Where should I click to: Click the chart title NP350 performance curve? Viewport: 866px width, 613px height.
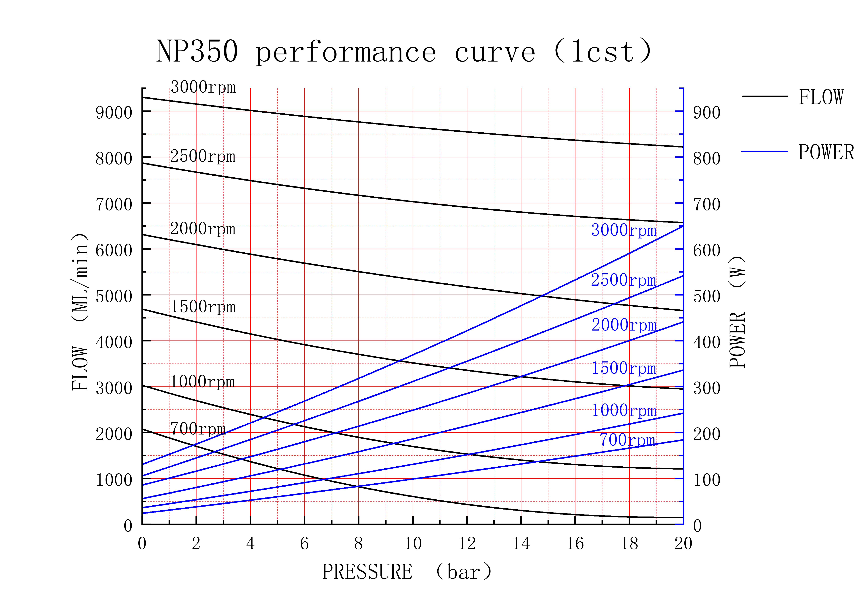404,52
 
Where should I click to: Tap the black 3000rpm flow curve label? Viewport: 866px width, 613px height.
203,87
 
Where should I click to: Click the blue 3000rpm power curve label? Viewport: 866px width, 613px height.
624,230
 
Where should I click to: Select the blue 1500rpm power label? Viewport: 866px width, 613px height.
624,368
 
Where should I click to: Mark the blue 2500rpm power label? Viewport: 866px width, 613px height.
623,280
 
